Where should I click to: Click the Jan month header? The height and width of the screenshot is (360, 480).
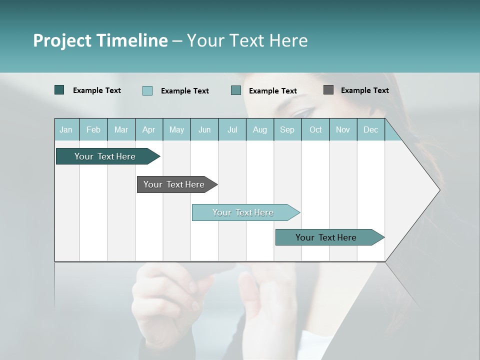pyautogui.click(x=66, y=130)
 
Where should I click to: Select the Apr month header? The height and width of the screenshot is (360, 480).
pyautogui.click(x=148, y=130)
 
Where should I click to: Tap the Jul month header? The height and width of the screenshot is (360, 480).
pyautogui.click(x=232, y=130)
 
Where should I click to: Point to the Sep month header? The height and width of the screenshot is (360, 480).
pyautogui.click(x=287, y=130)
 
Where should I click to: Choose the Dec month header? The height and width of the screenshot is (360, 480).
pyautogui.click(x=370, y=130)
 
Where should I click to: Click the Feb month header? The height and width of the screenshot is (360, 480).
pyautogui.click(x=93, y=130)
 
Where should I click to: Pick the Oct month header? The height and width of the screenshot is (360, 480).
pyautogui.click(x=315, y=130)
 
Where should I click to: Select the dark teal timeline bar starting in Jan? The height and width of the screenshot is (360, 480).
pyautogui.click(x=105, y=156)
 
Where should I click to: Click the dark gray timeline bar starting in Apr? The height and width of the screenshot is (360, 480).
pyautogui.click(x=174, y=184)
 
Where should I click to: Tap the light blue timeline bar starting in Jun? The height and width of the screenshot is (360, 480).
pyautogui.click(x=243, y=212)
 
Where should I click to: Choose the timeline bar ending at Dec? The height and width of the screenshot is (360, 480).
pyautogui.click(x=326, y=237)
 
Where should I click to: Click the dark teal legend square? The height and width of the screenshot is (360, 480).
pyautogui.click(x=59, y=90)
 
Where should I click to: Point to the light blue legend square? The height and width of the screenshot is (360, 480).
pyautogui.click(x=147, y=90)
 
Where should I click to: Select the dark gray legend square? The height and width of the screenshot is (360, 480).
pyautogui.click(x=328, y=90)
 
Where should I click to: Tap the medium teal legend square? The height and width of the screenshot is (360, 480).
pyautogui.click(x=236, y=90)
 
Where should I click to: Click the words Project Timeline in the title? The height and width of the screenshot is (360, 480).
pyautogui.click(x=100, y=40)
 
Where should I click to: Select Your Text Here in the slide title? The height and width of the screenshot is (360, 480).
pyautogui.click(x=247, y=40)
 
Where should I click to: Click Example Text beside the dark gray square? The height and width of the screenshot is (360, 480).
pyautogui.click(x=364, y=90)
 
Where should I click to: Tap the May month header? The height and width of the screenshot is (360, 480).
pyautogui.click(x=176, y=130)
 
